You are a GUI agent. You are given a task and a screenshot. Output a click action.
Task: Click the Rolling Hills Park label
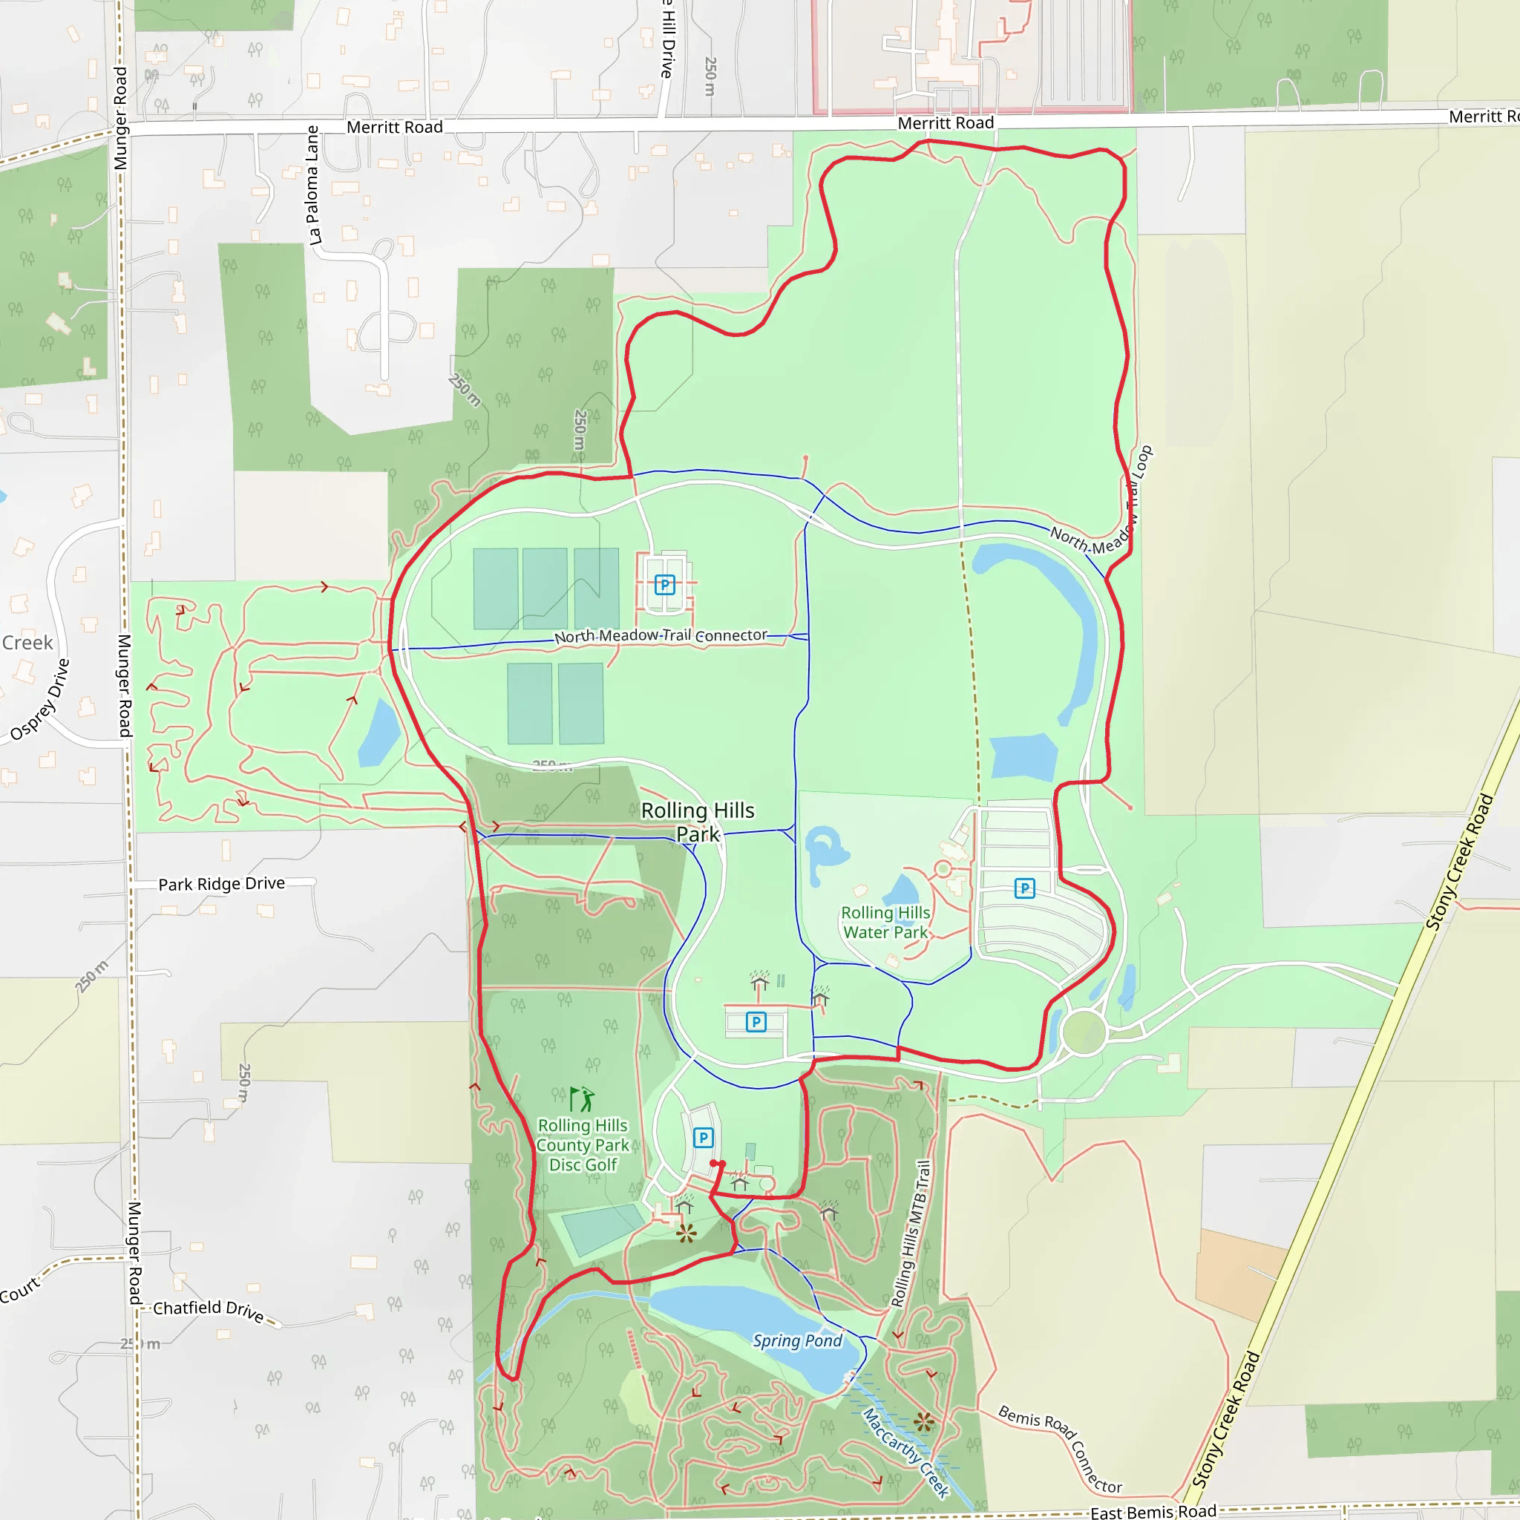[x=697, y=822]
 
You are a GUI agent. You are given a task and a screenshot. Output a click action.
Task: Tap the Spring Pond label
[x=796, y=1340]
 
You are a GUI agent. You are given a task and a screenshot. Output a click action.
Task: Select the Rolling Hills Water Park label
[x=885, y=922]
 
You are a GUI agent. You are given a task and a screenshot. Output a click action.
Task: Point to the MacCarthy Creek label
[x=905, y=1452]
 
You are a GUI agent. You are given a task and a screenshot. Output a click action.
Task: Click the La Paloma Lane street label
[x=312, y=186]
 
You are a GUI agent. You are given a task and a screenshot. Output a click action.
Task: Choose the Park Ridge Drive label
[x=221, y=883]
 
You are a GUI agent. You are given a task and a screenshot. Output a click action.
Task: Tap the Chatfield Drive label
[x=208, y=1310]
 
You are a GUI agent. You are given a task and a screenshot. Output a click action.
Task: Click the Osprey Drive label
[x=40, y=699]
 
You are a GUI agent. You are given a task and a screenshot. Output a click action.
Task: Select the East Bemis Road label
[x=1153, y=1511]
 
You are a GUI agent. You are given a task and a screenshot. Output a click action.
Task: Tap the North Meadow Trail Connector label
[x=660, y=636]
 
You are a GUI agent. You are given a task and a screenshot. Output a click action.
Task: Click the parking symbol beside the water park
[x=1023, y=888]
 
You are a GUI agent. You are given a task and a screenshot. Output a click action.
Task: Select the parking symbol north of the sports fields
[x=665, y=585]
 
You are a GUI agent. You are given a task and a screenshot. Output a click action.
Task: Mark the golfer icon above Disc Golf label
[x=582, y=1099]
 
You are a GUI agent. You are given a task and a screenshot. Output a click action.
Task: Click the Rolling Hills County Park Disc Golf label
[x=582, y=1145]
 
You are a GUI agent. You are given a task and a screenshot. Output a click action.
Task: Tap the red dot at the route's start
[x=715, y=1163]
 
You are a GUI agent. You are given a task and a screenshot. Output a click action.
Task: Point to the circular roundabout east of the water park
[x=1084, y=1032]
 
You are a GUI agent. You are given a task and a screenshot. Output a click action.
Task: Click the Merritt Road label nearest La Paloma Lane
[x=394, y=128]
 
